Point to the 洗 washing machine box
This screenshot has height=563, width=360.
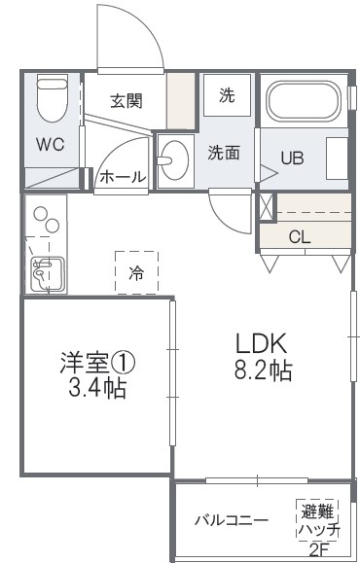click(226, 95)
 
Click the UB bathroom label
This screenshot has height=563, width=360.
click(292, 157)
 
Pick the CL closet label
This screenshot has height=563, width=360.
click(301, 236)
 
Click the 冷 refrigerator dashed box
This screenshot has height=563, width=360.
click(136, 272)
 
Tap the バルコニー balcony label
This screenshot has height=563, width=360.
click(231, 519)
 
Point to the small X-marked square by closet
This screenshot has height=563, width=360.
click(267, 207)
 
